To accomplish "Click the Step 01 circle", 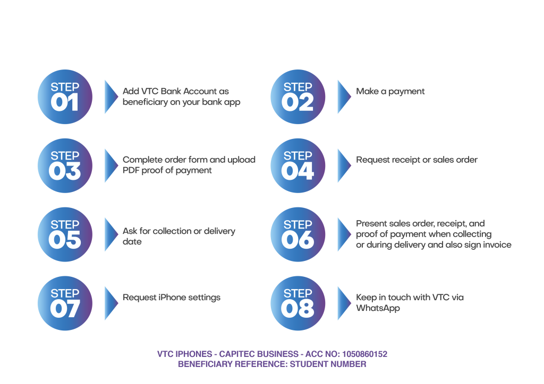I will [65, 97].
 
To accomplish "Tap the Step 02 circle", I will [297, 97].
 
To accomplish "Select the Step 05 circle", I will [65, 234].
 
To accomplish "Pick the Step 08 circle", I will [297, 303].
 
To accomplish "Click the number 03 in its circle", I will [65, 171].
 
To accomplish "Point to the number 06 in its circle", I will [297, 240].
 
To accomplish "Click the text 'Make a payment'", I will [390, 91].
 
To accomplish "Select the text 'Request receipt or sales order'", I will [417, 160].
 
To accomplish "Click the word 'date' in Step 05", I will [132, 242].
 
